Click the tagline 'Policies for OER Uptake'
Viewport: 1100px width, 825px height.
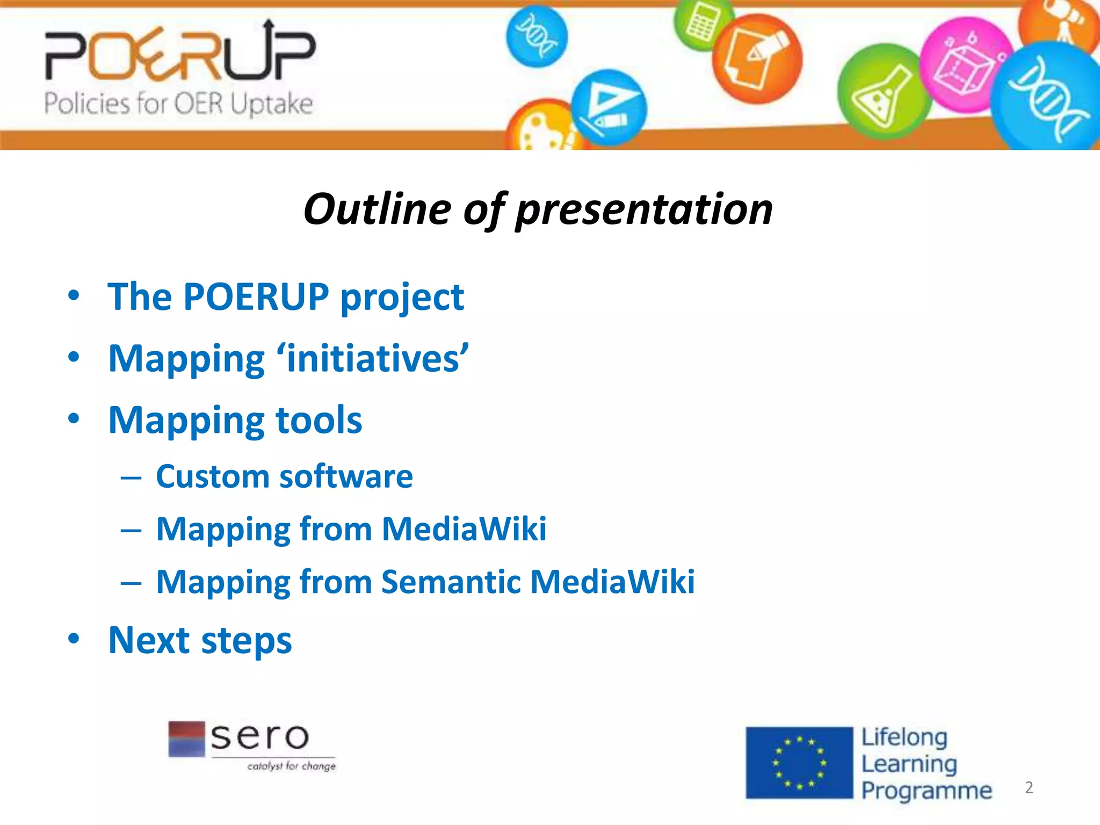[178, 103]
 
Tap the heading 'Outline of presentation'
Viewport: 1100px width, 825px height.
[538, 209]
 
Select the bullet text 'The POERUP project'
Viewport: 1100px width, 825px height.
[285, 296]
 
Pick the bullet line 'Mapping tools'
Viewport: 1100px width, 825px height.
[235, 420]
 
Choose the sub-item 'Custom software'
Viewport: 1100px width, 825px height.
[284, 476]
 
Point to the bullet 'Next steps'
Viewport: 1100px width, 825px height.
[200, 640]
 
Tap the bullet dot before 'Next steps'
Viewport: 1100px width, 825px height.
[74, 639]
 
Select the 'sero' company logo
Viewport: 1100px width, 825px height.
[251, 746]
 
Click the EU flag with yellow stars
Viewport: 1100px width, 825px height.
[799, 763]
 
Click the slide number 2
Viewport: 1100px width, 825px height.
[1029, 787]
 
